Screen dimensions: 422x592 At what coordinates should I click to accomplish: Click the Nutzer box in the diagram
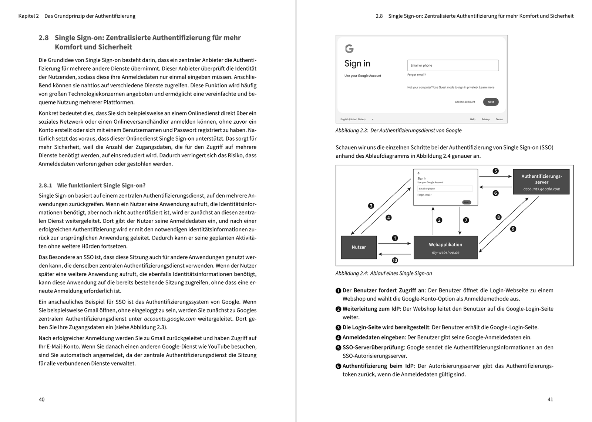coord(359,247)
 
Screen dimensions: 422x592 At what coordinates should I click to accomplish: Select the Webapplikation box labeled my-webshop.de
coord(445,248)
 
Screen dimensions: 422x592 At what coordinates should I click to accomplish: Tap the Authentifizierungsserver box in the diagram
coord(541,182)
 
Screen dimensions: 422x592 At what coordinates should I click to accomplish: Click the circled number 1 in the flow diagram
coord(395,238)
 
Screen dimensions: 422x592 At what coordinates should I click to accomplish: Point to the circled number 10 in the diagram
coord(395,260)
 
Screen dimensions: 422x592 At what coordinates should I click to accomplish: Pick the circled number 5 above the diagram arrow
coord(495,171)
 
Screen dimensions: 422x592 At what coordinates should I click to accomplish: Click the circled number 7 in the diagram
coord(466,220)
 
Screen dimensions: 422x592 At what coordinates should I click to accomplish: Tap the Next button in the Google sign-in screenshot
coord(491,102)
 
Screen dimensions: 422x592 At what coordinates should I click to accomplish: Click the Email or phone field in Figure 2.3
coord(453,66)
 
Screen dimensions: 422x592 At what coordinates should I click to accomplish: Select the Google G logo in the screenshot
coord(349,49)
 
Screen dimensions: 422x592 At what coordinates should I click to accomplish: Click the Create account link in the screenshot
coord(465,102)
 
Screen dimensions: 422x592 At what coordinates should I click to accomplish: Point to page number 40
coord(42,399)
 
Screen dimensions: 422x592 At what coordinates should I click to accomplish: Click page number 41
coord(550,399)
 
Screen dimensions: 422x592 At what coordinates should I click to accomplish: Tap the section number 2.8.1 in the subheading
coord(46,185)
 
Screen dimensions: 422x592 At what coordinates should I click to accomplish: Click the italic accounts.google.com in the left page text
coord(169,319)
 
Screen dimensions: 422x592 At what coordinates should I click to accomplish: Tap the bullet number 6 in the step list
coord(338,366)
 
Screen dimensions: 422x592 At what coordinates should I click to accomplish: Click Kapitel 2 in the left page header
coord(28,16)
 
